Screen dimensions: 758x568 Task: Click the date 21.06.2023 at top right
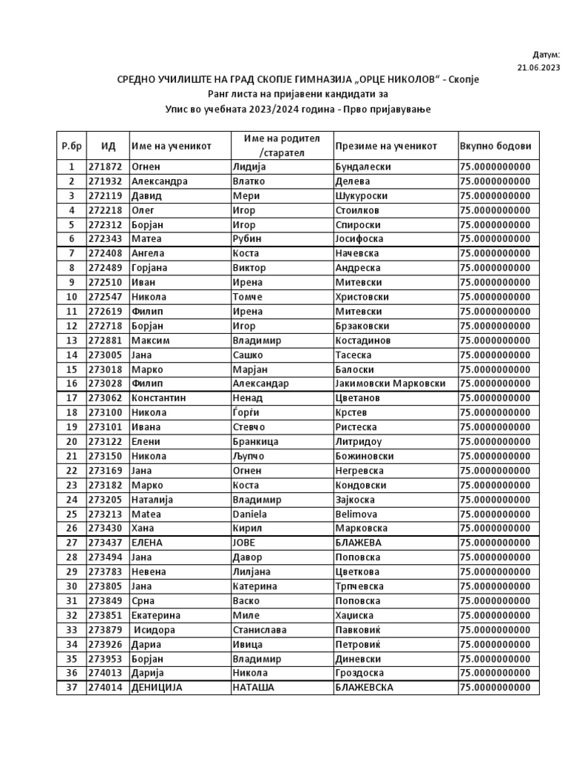[x=538, y=67]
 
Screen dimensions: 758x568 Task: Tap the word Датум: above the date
[x=547, y=54]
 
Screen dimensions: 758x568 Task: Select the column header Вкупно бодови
[x=495, y=146]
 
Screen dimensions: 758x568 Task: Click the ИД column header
[x=107, y=146]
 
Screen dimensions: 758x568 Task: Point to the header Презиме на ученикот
[x=386, y=146]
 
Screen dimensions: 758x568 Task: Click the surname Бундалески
[x=362, y=167]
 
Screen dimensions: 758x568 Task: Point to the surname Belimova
[x=356, y=514]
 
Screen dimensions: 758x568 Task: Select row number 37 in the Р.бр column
[x=71, y=688]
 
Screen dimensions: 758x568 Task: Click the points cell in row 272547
[x=495, y=297]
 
